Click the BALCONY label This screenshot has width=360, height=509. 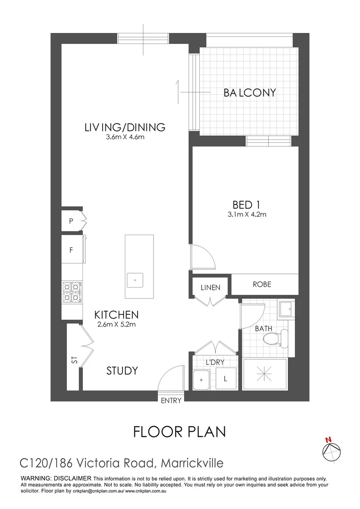pos(249,92)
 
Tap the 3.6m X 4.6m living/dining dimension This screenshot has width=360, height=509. pos(125,137)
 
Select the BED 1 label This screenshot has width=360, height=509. pos(246,205)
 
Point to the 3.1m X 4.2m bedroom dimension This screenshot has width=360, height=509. pos(246,215)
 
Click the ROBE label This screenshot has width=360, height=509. pos(262,284)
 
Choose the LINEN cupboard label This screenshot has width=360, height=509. pos(210,287)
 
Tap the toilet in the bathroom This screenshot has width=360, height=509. pos(276,338)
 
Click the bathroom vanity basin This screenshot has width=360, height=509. pos(286,310)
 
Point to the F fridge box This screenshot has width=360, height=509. pos(72,250)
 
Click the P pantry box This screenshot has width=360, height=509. pos(72,221)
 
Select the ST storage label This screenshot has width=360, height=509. pos(74,361)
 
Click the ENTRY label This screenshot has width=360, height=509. pos(171,400)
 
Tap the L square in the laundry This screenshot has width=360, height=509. pos(225,378)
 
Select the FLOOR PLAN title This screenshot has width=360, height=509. pos(180,431)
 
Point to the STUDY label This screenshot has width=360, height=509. pos(122,371)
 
